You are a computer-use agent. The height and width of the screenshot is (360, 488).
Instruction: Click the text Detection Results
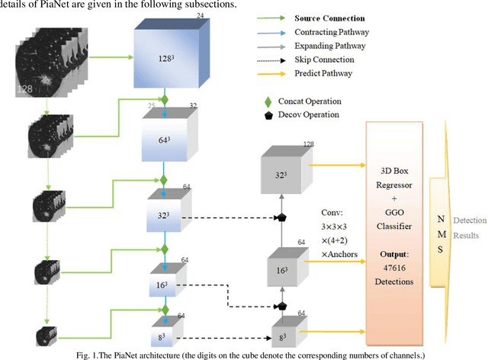467,227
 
